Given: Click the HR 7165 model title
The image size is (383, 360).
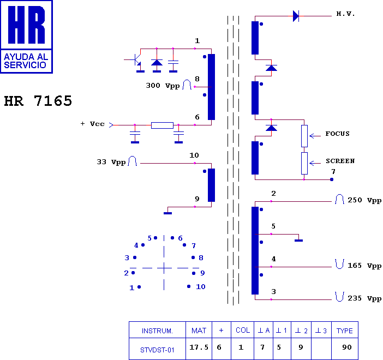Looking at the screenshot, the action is click(x=38, y=101).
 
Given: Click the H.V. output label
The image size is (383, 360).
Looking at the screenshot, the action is click(x=345, y=14).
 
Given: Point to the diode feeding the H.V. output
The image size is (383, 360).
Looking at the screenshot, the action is click(x=296, y=16).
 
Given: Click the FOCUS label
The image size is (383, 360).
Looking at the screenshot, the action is click(x=337, y=134).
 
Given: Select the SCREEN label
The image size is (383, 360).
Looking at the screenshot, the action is click(x=340, y=161).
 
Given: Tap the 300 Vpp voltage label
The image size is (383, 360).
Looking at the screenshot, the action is click(x=163, y=86).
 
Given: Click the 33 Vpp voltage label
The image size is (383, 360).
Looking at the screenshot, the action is click(x=111, y=162).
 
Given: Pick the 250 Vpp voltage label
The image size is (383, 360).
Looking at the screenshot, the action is click(x=364, y=200).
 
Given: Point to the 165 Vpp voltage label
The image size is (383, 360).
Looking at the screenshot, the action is click(x=364, y=266).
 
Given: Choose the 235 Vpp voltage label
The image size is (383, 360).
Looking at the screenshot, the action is click(x=364, y=298).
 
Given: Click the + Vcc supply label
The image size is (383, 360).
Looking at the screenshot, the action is click(x=93, y=124).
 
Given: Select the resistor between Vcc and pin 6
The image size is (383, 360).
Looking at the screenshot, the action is click(x=162, y=125).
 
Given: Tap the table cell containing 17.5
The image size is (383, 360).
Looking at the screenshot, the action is click(x=199, y=349).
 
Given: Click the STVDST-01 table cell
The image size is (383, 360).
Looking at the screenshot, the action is click(x=157, y=349).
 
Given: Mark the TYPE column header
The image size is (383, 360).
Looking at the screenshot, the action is click(x=345, y=330).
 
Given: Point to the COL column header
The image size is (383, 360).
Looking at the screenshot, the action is click(x=243, y=330).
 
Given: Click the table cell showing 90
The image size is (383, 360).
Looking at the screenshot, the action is click(x=345, y=349).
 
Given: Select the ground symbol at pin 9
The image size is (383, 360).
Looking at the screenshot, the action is click(x=168, y=212).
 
